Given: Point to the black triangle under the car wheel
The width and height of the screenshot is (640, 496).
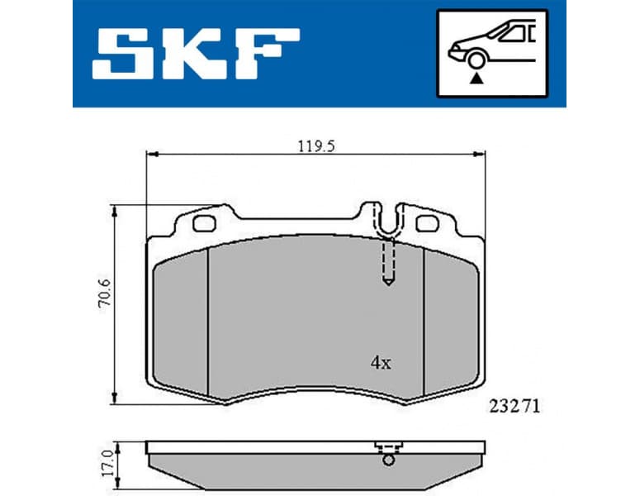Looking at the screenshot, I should pos(475,79).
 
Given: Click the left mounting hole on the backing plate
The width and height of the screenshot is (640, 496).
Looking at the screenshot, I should pos(202,222).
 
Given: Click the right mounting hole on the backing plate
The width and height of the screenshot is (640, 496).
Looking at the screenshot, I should pos(427,222).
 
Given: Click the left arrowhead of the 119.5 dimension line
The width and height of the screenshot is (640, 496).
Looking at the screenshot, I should pos(150,154).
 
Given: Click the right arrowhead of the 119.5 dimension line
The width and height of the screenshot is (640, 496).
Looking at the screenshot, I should pos(479,154).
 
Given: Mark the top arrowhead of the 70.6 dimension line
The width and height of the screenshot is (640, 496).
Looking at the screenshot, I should pos(116,208).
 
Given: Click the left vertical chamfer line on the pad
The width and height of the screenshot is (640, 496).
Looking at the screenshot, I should pos(206,322).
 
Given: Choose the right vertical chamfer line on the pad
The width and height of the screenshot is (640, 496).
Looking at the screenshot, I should pos(423,322).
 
